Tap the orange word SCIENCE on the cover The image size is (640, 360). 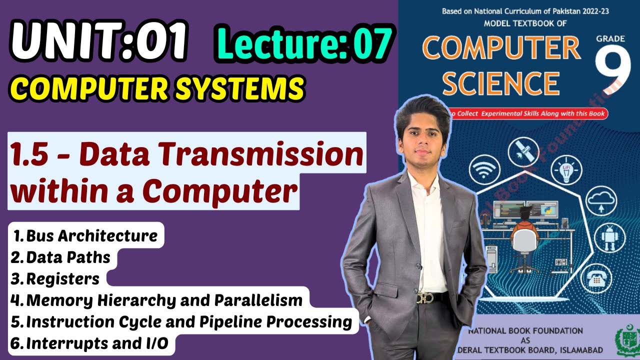pyautogui.click(x=500, y=83)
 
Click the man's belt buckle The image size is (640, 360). pyautogui.click(x=424, y=298)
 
